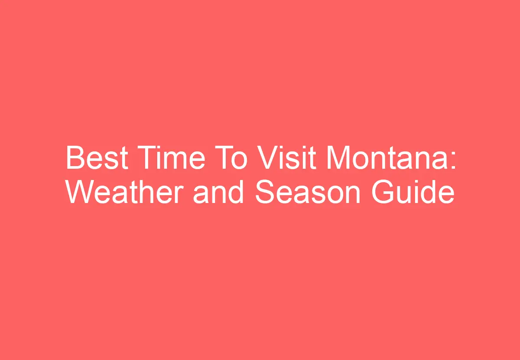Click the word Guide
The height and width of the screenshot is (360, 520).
coord(413,193)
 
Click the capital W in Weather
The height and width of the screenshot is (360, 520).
coord(79,193)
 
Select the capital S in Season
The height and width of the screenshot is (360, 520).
coord(265,193)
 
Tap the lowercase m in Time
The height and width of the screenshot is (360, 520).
coord(177,161)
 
